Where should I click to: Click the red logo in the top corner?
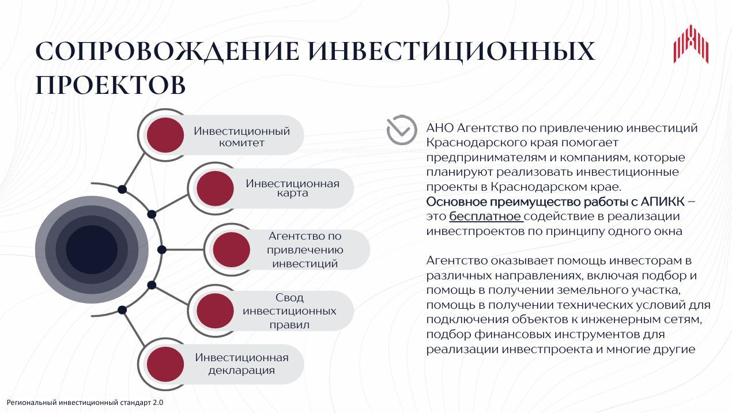click(691, 44)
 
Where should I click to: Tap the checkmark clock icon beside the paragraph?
click(402, 130)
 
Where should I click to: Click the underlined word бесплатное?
click(486, 217)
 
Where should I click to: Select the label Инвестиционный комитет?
click(242, 137)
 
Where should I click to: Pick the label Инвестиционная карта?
click(292, 188)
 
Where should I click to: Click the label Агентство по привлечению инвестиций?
click(305, 250)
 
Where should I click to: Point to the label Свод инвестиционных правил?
click(289, 311)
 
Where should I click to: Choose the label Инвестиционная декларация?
click(242, 364)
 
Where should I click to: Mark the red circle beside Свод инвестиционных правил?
click(215, 311)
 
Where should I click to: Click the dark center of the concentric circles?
click(92, 250)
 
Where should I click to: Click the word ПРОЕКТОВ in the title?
click(111, 85)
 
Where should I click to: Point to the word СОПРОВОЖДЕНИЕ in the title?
click(167, 51)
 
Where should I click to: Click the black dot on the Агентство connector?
click(162, 250)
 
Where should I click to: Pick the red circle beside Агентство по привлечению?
click(231, 250)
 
